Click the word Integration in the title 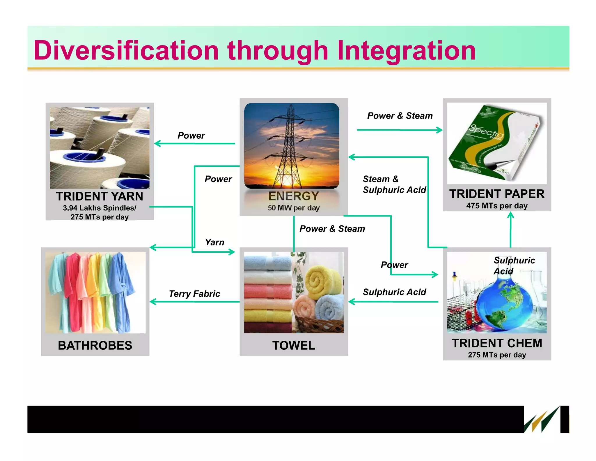406,51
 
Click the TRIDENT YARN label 100,196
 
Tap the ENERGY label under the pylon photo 294,196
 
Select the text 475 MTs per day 497,206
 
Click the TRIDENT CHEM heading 497,343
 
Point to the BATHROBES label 95,346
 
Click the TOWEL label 294,346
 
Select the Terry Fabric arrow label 194,294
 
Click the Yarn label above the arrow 214,242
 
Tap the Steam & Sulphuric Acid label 394,184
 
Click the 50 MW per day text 294,208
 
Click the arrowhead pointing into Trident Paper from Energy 439,130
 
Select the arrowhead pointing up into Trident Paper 510,215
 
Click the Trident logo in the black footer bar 542,420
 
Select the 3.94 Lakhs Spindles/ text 100,208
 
